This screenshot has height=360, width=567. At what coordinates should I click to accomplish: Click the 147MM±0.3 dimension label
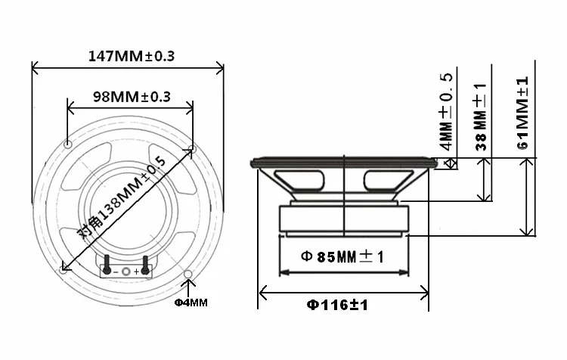coord(132,56)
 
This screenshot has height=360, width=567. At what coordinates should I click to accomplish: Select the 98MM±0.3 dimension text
coord(132,97)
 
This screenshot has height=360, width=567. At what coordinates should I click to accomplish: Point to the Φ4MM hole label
coord(191,302)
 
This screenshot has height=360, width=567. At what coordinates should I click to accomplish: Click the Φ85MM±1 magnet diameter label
coord(342,256)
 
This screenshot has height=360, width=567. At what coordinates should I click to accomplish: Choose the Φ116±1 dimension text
coord(337,305)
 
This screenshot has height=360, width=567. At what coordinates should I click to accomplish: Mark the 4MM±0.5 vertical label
coord(446,111)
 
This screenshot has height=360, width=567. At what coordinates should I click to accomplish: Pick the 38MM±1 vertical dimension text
coord(481,116)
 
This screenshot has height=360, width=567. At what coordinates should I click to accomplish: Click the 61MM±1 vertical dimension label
coord(523,113)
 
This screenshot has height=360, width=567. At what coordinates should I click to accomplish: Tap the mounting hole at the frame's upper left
coord(67,144)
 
